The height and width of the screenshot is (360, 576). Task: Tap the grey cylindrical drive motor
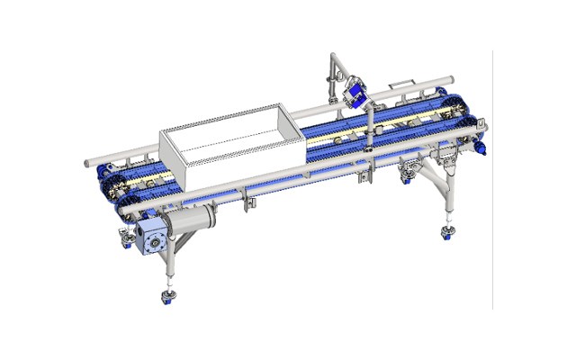193,218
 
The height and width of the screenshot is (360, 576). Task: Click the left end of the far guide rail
87,163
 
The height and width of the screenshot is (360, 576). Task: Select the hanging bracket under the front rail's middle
247,203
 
